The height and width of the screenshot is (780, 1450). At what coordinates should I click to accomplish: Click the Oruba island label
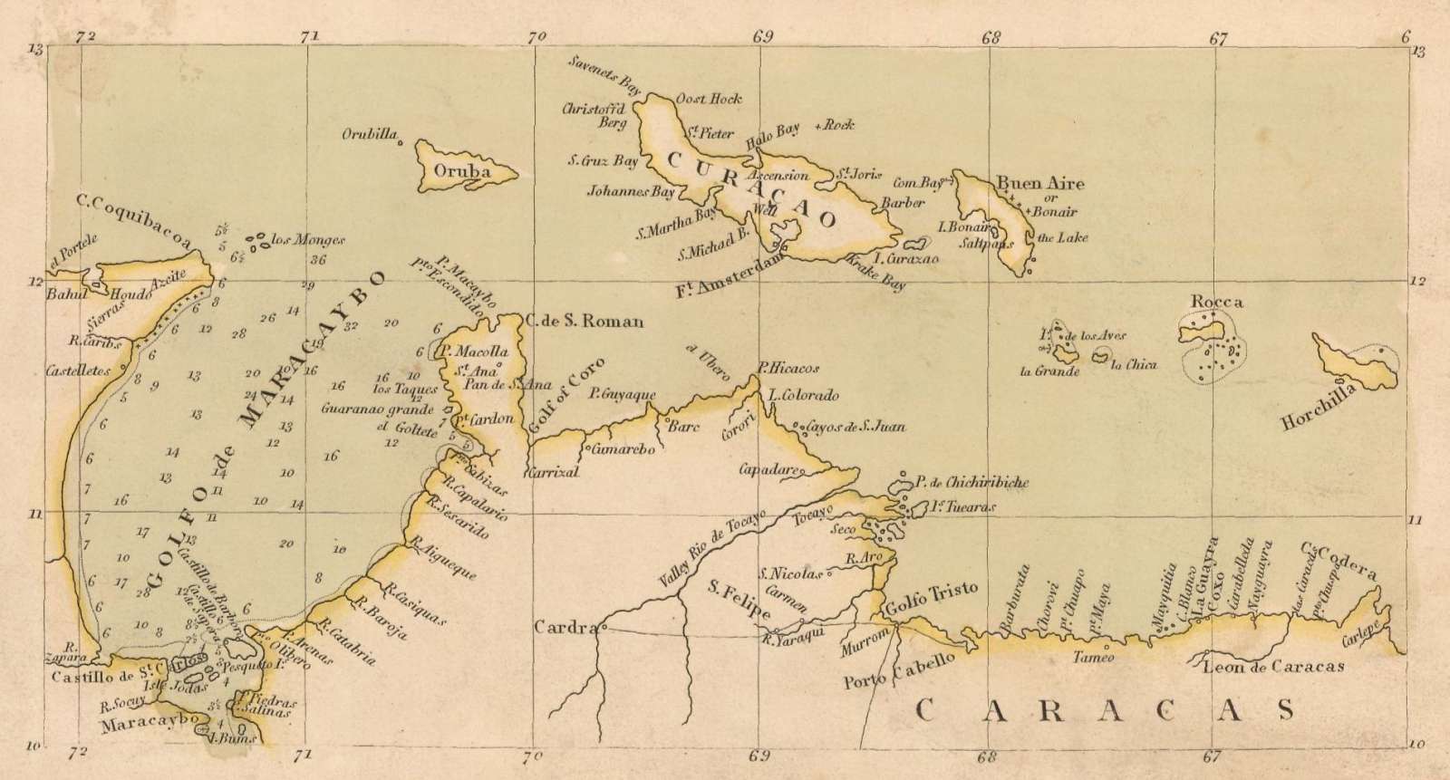pos(462,171)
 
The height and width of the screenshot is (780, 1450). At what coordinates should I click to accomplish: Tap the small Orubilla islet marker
pos(400,141)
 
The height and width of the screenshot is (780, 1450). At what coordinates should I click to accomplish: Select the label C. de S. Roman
pos(585,321)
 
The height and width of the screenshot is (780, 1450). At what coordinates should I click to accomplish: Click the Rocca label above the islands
pos(1217,302)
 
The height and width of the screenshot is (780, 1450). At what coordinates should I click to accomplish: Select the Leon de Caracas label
pos(1273,667)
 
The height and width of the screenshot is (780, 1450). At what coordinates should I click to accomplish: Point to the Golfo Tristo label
pos(932,592)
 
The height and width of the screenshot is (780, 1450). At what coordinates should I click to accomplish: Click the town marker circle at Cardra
pos(603,627)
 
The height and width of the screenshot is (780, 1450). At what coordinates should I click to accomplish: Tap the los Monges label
pos(308,240)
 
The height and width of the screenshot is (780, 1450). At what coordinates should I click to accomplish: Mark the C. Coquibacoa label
pos(134,220)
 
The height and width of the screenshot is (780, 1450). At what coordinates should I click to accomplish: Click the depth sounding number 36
pos(317,260)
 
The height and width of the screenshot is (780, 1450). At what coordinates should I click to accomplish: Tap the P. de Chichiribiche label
pos(971,483)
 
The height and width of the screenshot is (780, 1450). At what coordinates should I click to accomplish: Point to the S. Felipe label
pos(738,602)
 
